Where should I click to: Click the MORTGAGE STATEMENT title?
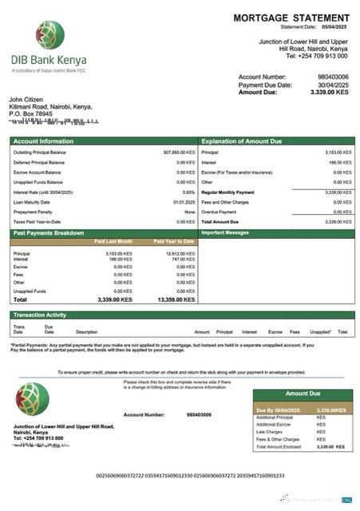(x=291, y=18)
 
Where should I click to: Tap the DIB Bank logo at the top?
(x=49, y=35)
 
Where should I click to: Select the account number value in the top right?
(x=332, y=77)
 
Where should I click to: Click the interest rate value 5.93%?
(x=188, y=192)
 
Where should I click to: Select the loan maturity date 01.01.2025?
(x=184, y=202)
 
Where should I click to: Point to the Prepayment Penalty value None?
(x=189, y=212)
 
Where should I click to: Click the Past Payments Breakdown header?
(x=49, y=233)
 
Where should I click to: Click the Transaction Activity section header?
(x=40, y=315)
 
